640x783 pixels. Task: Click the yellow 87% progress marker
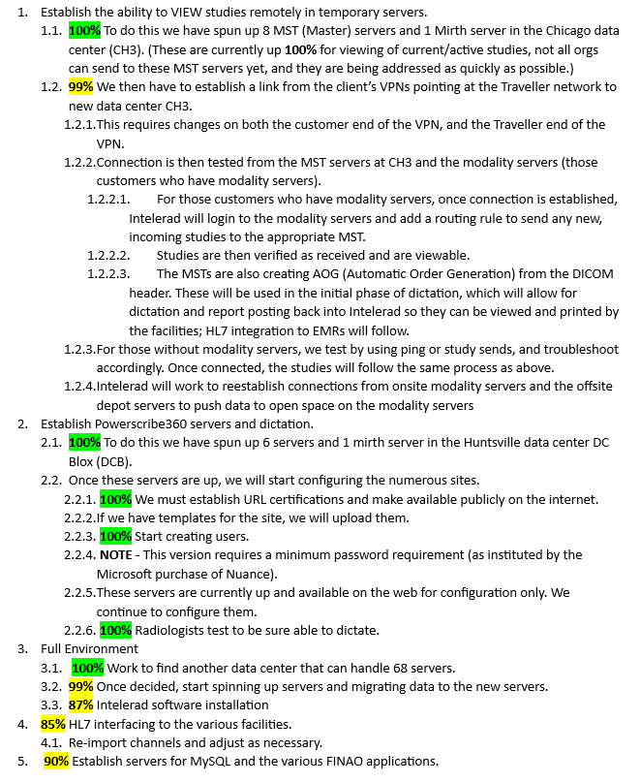point(81,705)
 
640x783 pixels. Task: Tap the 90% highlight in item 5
point(56,761)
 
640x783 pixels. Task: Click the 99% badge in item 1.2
point(81,86)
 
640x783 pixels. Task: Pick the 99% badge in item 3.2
point(81,686)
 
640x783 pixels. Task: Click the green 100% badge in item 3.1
point(88,668)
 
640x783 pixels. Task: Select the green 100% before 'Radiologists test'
point(115,630)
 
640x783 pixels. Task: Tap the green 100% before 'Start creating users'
point(115,536)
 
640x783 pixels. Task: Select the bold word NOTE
point(116,555)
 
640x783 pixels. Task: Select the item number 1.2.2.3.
point(107,273)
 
